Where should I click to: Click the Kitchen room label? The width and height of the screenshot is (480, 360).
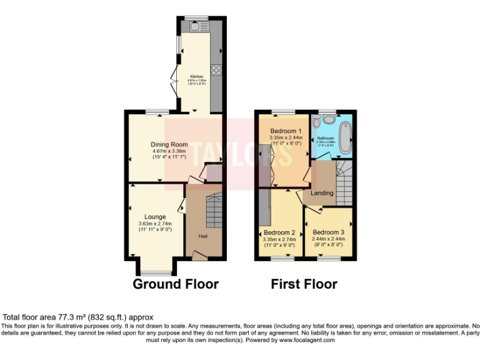click(x=197, y=77)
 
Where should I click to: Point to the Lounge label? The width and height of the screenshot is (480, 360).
click(x=155, y=217)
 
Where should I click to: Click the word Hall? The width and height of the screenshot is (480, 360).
click(x=203, y=236)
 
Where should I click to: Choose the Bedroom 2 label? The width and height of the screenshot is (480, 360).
click(x=279, y=232)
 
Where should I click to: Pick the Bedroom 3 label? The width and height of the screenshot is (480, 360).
click(x=328, y=232)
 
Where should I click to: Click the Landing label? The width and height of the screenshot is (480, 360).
click(x=322, y=193)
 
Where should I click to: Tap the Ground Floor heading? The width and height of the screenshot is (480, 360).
click(x=176, y=284)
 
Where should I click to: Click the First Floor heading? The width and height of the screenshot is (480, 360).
click(x=304, y=284)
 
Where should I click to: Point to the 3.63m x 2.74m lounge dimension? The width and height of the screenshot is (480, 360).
click(x=155, y=224)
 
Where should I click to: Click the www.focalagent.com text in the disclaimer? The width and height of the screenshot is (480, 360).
click(x=306, y=341)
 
